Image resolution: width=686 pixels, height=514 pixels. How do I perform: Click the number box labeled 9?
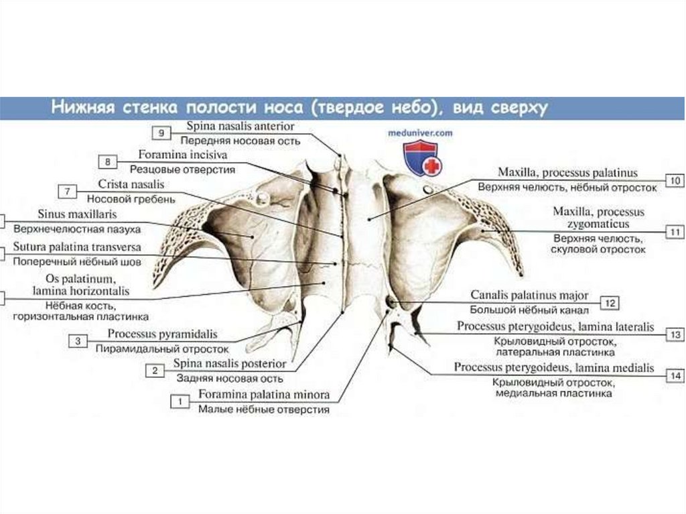click(162, 133)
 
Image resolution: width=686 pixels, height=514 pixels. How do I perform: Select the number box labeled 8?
click(107, 162)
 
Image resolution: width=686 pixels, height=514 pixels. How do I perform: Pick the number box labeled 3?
click(78, 341)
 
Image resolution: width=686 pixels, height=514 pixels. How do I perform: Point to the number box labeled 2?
click(155, 371)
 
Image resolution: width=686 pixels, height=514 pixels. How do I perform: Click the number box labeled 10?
click(675, 180)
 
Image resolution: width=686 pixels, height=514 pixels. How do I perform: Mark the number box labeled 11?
click(675, 232)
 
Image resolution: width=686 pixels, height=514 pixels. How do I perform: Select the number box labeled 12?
click(610, 303)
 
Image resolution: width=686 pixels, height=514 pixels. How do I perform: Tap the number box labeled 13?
click(675, 334)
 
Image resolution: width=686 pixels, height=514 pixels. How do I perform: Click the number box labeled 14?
click(675, 376)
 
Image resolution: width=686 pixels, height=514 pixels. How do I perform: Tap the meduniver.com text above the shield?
click(421, 133)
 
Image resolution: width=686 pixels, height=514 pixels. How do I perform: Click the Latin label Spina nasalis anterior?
click(240, 126)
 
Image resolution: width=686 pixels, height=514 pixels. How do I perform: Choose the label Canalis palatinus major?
click(529, 295)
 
